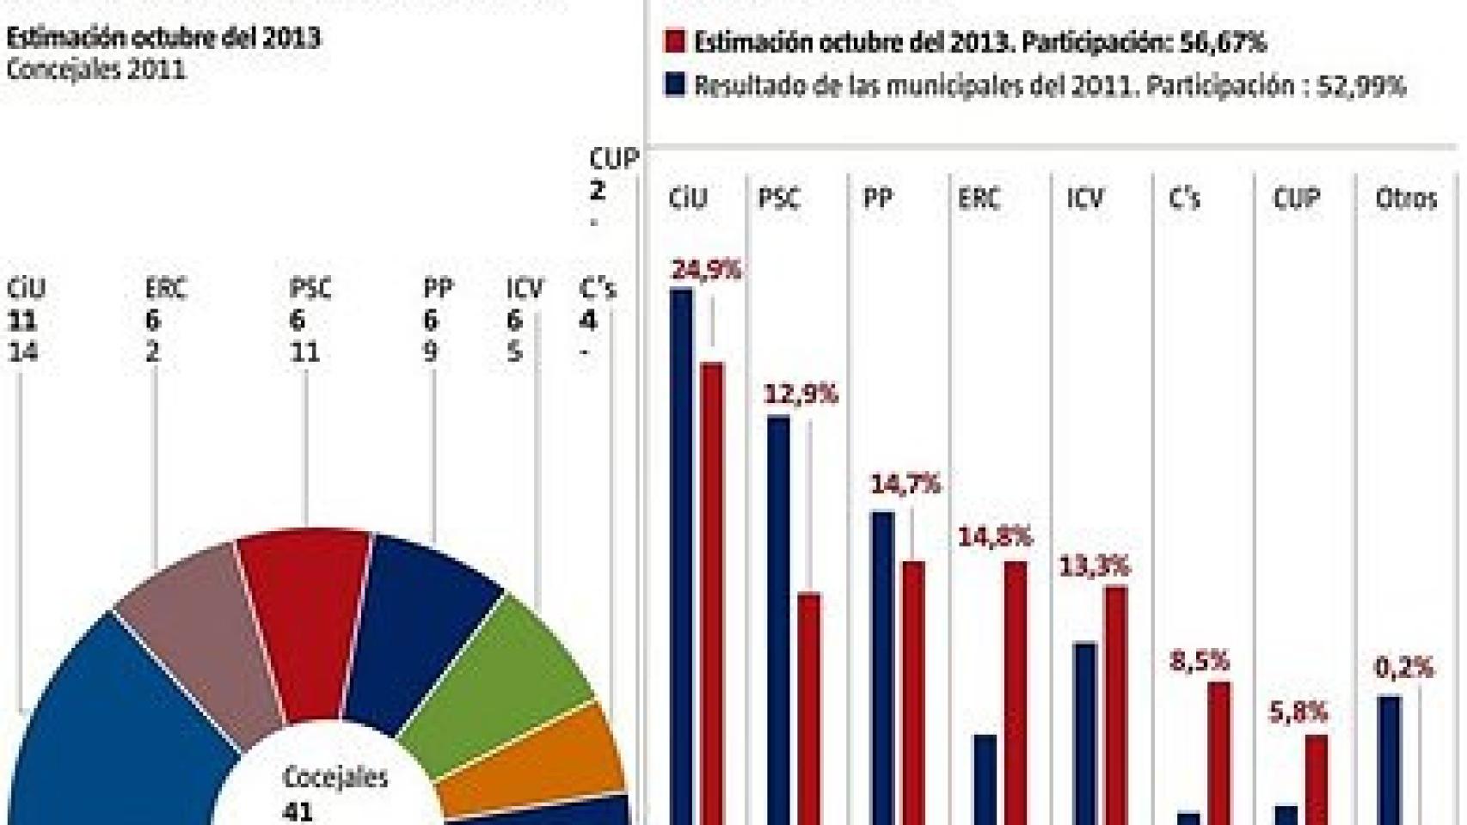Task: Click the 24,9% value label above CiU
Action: [705, 270]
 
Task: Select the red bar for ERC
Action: [1016, 687]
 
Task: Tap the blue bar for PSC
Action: [778, 619]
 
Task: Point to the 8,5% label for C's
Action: [1199, 661]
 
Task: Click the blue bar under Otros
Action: [1389, 756]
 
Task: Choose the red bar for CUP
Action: [1316, 778]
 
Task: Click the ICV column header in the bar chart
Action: [1084, 199]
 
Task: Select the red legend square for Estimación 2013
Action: [675, 41]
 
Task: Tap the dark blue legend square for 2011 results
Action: [675, 85]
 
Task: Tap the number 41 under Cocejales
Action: [298, 811]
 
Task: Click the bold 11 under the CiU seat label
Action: [21, 321]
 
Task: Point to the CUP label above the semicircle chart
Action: [613, 159]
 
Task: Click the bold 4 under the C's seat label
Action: [587, 321]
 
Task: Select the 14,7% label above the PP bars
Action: [905, 485]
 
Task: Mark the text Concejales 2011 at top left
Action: [95, 69]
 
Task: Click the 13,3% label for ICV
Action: [1091, 566]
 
